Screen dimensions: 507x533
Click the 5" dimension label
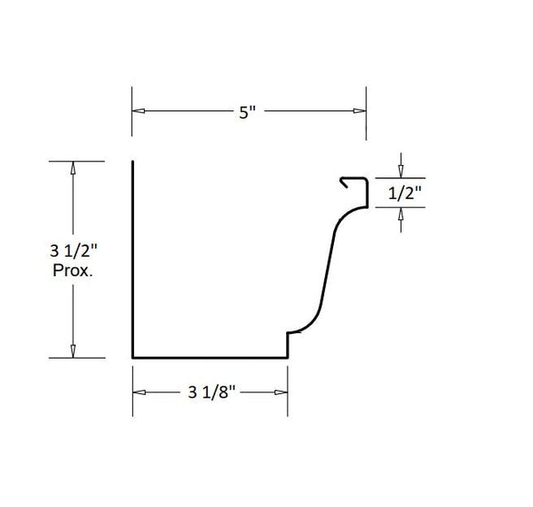tap(248, 112)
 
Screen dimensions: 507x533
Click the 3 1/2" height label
tap(73, 253)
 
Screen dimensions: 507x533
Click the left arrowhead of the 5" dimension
tap(139, 111)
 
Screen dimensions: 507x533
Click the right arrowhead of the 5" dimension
tap(360, 111)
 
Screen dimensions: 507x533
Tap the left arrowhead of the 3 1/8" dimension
tap(139, 392)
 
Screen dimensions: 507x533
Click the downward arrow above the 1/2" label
tap(402, 171)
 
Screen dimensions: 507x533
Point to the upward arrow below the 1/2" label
tap(402, 213)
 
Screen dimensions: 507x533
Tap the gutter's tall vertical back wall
tap(133, 257)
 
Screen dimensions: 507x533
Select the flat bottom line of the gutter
tap(209, 358)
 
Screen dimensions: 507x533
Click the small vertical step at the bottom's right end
tap(287, 345)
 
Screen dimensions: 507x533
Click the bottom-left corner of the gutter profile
tap(133, 358)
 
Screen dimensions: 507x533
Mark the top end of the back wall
tap(133, 162)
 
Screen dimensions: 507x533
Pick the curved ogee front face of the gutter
tap(328, 266)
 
